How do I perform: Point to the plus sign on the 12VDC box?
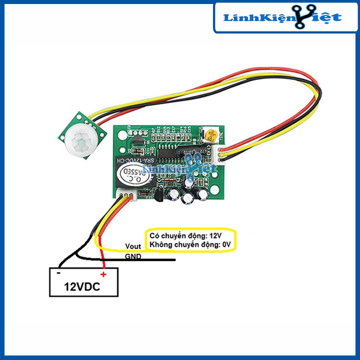(x=103, y=274)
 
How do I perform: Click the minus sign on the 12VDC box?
(x=58, y=273)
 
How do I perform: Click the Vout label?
(x=132, y=246)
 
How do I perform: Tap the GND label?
(x=133, y=256)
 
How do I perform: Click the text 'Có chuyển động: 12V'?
(x=185, y=235)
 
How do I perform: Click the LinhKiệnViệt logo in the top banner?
(x=282, y=18)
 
